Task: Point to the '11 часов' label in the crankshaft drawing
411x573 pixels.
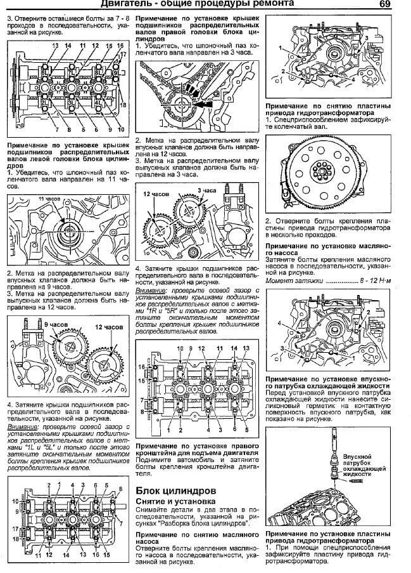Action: [x=51, y=199]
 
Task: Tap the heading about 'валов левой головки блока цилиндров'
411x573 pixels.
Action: [x=68, y=157]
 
